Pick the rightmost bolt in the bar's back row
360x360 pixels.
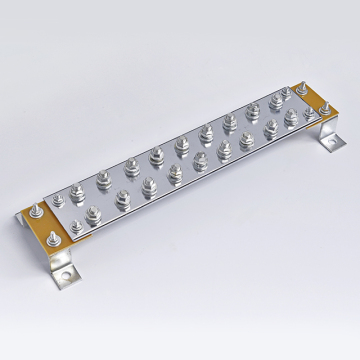click(275, 102)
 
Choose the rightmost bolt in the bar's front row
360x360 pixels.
click(292, 118)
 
